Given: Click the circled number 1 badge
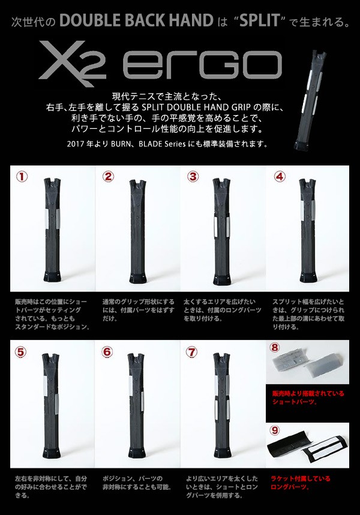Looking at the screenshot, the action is [22, 177].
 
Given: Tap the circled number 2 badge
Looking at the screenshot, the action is [108, 177].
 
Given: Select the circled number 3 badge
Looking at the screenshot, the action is [193, 177].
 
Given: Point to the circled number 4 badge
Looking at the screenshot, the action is [280, 177].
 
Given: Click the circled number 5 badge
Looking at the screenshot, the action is [20, 352].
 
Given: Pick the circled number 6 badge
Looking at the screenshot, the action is [107, 352].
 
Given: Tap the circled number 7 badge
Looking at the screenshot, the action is [191, 352].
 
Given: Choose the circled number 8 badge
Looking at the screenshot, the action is [274, 348].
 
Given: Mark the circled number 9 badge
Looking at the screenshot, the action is [274, 430].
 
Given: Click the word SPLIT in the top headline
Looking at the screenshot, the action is [260, 21].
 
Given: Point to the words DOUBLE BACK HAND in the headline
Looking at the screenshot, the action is [137, 21].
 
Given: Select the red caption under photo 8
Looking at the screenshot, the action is [308, 397].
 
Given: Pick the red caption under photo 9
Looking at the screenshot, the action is [301, 483].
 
